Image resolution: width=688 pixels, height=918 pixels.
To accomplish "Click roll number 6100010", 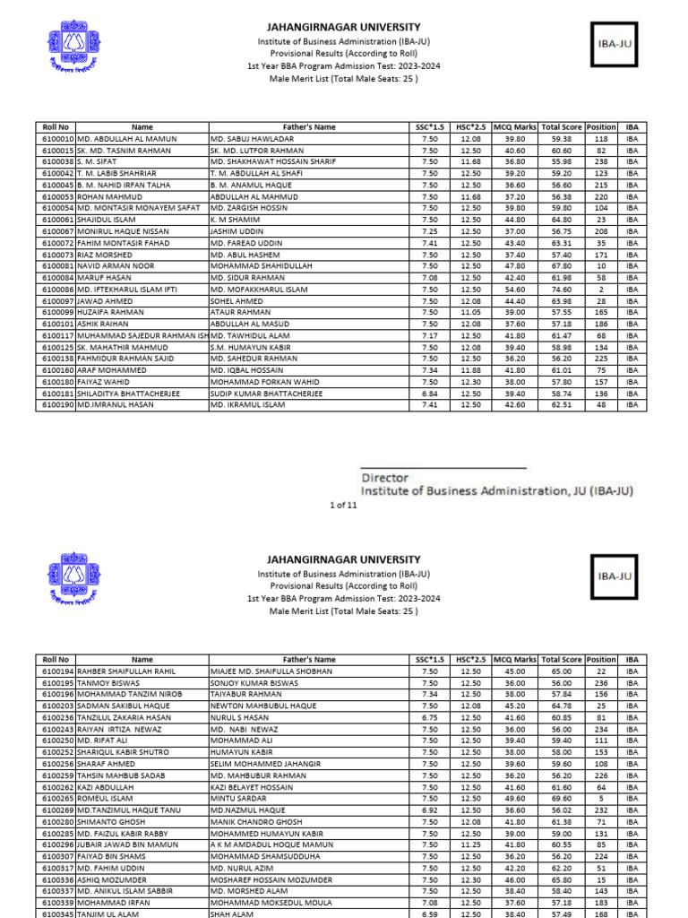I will coord(58,139).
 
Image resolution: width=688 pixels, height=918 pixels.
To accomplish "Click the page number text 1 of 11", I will coord(344,506).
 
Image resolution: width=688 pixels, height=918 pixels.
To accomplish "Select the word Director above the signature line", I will coord(385,479).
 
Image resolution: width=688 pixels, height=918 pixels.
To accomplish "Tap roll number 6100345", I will coord(58,914).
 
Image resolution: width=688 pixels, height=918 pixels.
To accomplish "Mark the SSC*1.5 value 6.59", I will coord(429,914).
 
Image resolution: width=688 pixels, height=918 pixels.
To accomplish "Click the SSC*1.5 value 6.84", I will coord(429,393).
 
